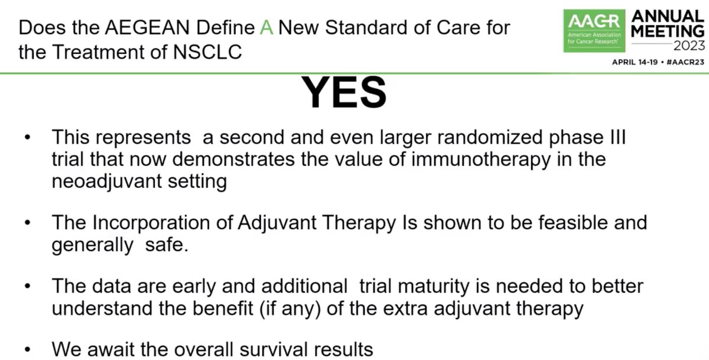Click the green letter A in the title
pyautogui.click(x=266, y=27)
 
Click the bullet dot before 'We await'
pyautogui.click(x=27, y=349)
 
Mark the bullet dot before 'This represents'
pyautogui.click(x=27, y=138)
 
